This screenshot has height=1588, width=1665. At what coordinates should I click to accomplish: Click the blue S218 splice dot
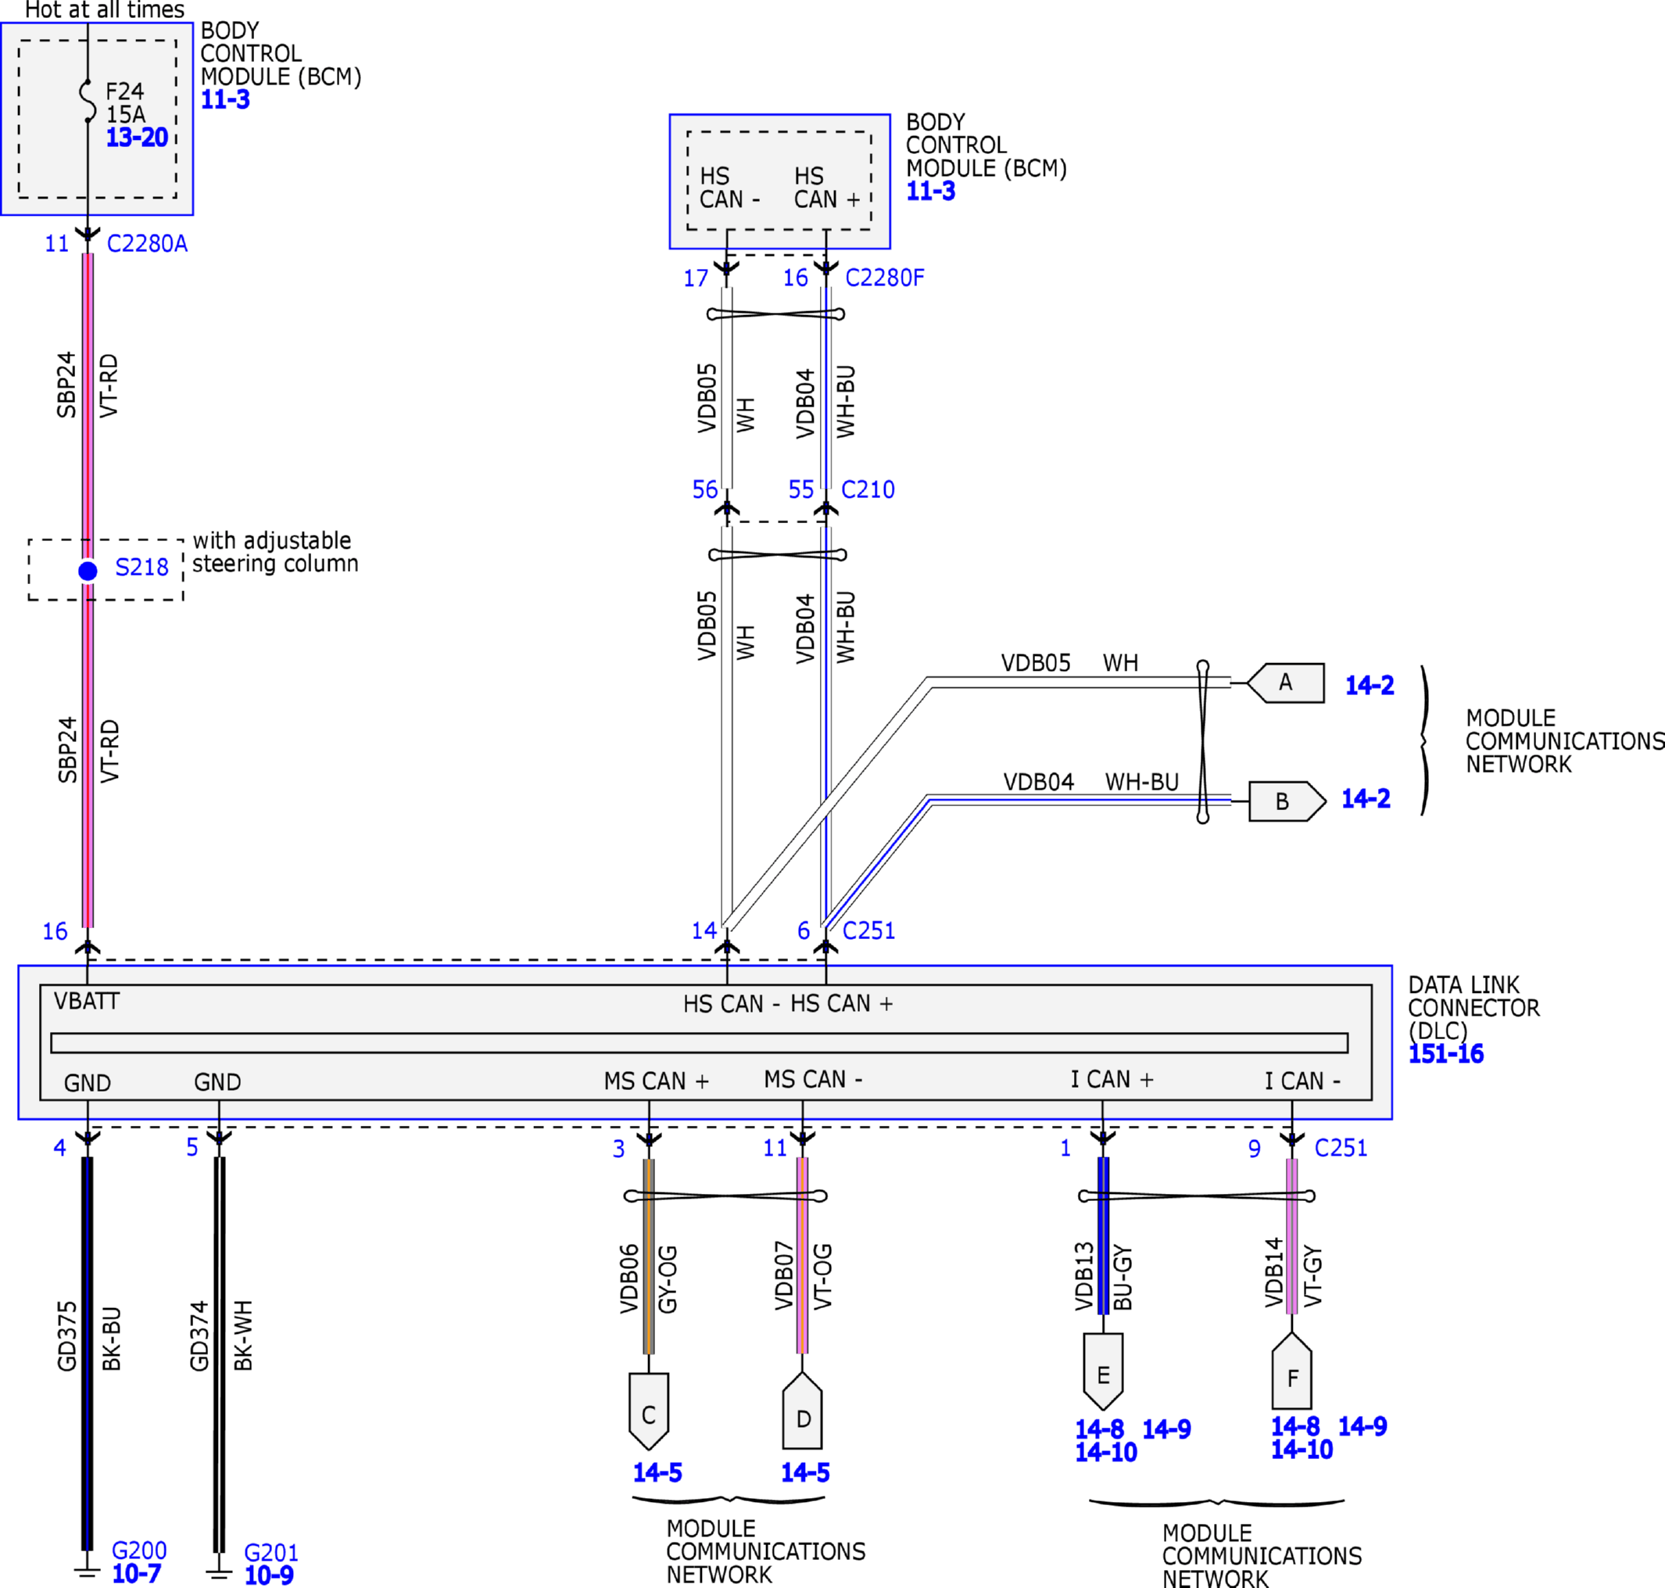click(x=88, y=572)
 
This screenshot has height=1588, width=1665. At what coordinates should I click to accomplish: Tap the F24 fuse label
click(x=124, y=91)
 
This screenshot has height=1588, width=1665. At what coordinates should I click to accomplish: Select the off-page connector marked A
click(x=1286, y=683)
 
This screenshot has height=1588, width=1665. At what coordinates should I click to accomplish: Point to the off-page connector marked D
click(x=803, y=1417)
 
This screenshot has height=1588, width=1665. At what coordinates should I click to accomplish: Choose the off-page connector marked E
click(x=1103, y=1374)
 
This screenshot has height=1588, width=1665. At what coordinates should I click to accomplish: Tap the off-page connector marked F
click(x=1291, y=1377)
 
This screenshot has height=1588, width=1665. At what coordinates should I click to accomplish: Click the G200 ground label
click(x=139, y=1550)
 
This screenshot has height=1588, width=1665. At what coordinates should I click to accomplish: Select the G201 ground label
click(x=271, y=1554)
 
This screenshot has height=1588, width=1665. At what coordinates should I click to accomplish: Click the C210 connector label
click(x=868, y=489)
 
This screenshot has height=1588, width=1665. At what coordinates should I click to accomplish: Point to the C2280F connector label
click(x=885, y=278)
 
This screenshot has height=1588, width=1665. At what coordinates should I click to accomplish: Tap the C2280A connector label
click(x=146, y=244)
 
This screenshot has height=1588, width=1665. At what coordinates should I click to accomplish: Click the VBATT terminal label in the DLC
click(x=86, y=1002)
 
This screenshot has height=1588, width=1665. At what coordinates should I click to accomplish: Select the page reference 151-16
click(x=1446, y=1054)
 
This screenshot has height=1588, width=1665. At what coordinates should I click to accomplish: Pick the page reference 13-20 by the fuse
click(x=136, y=137)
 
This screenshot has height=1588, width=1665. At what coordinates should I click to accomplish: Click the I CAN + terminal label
click(x=1112, y=1080)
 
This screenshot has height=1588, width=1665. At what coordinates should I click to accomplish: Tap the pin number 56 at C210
click(x=704, y=489)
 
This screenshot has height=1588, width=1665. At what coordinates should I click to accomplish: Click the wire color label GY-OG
click(x=668, y=1279)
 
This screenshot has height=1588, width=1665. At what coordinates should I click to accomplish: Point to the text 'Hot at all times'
click(x=104, y=10)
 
